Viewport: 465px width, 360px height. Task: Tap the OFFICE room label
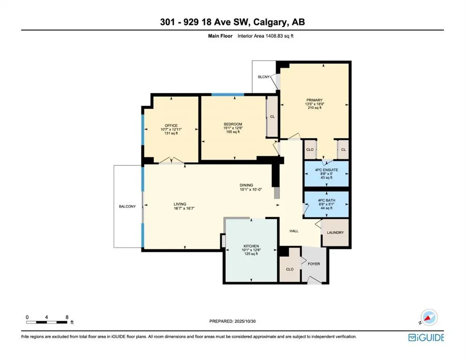171,125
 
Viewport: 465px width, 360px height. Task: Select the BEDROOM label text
233,124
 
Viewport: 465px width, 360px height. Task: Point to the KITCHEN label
251,246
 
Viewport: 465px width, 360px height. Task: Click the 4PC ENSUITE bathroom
326,169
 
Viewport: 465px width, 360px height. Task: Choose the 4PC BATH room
326,201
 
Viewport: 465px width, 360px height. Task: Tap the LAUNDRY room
335,232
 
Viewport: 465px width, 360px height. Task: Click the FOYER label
314,264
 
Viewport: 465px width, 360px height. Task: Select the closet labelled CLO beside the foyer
289,270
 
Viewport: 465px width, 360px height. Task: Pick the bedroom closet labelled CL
272,116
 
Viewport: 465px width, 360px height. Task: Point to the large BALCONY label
127,206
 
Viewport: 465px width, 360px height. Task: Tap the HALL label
294,231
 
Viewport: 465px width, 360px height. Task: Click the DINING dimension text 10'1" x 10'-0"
251,190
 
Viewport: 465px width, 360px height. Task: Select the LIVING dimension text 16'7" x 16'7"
180,209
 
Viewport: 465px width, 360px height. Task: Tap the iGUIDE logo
426,337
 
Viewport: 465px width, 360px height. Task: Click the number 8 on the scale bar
67,317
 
